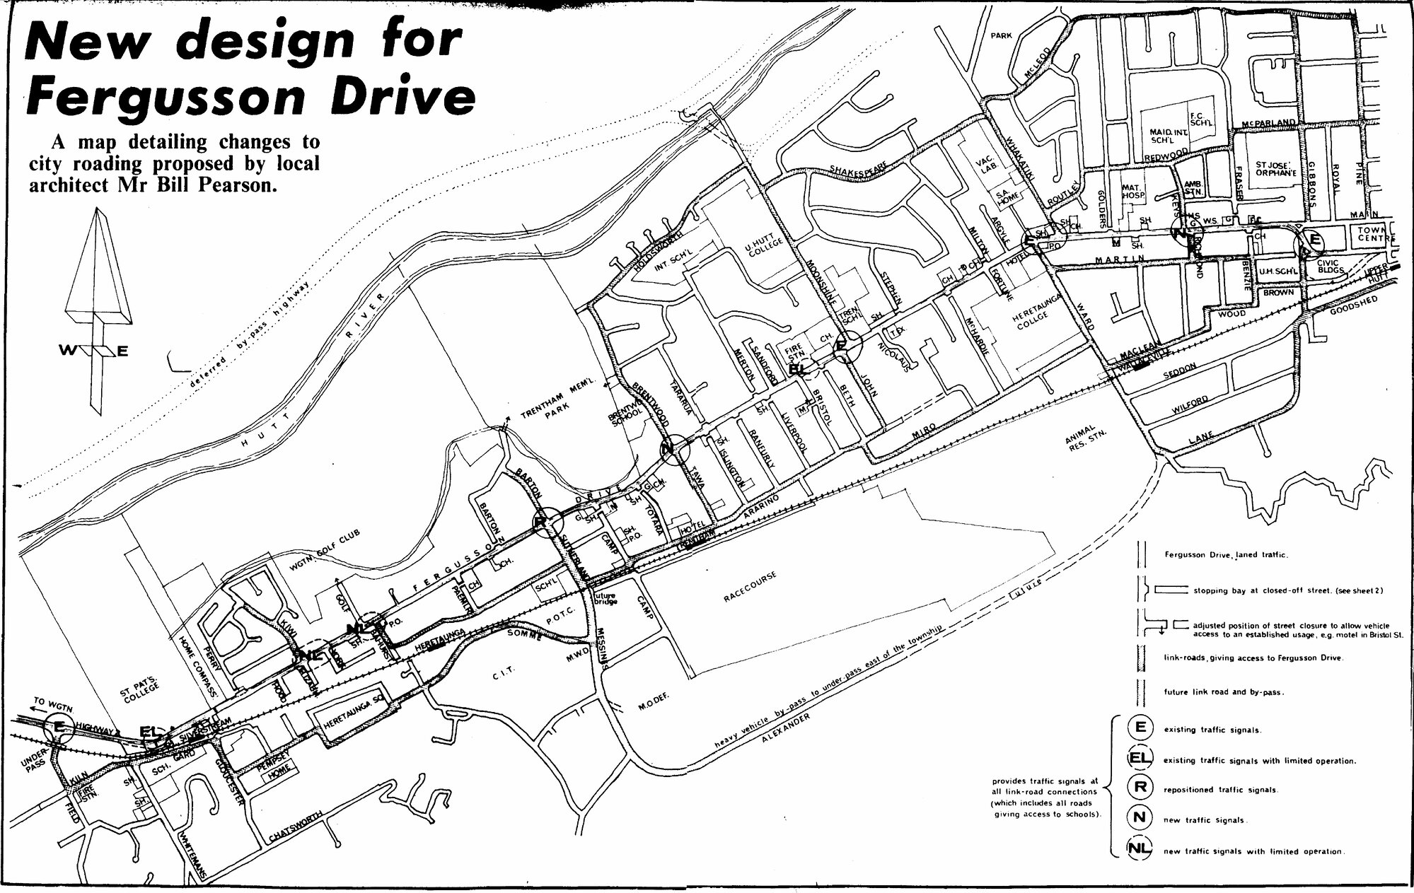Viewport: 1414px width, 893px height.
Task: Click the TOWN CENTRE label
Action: [x=1374, y=234]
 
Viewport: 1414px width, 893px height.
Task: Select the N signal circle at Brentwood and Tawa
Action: [x=674, y=448]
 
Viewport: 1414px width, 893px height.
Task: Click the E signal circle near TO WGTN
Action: [x=59, y=725]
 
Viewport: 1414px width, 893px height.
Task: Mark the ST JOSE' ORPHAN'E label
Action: [x=1275, y=168]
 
